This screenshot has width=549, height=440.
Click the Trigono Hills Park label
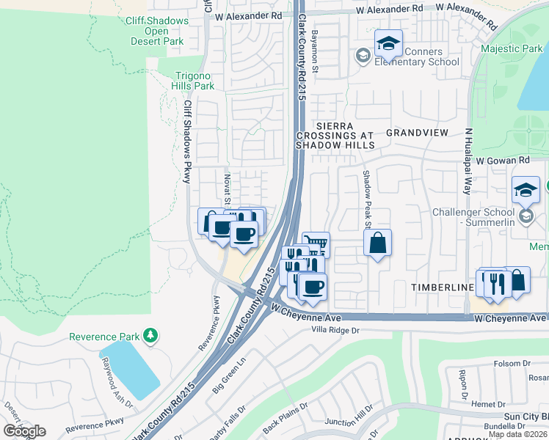[x=194, y=81]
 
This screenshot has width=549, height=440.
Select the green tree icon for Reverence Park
[x=150, y=336]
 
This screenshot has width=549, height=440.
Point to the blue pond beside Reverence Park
[x=130, y=369]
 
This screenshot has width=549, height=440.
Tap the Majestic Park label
[x=511, y=49]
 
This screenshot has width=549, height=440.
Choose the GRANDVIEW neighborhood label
[x=416, y=133]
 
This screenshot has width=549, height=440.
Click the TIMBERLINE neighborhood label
[x=440, y=287]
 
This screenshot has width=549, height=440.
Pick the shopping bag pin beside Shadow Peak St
[x=377, y=244]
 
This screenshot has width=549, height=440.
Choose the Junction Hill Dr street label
[x=349, y=422]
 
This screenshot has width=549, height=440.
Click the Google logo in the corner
[x=25, y=431]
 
